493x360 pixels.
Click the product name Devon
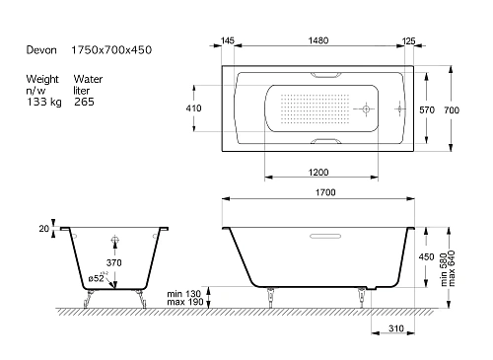pos(41,50)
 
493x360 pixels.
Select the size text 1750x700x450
pos(111,50)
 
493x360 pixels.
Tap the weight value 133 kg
pos(44,102)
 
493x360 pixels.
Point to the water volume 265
pos(84,102)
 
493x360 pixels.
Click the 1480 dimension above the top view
pos(318,40)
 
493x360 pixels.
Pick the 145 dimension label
pos(228,40)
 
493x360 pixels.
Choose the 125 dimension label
pos(408,41)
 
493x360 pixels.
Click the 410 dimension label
pos(193,108)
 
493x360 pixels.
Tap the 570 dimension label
pos(427,109)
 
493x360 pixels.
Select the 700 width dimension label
pos(452,109)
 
